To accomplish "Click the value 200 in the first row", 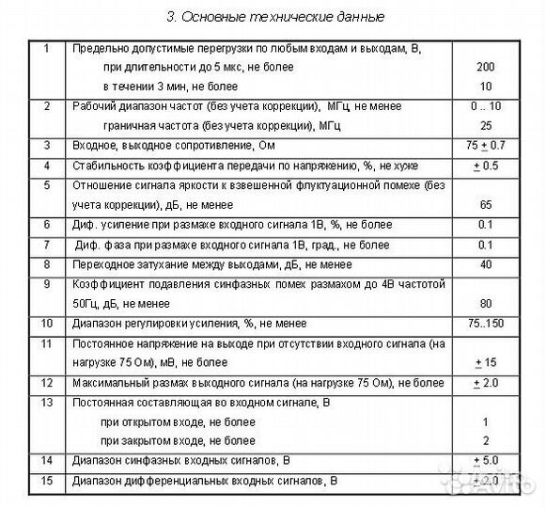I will [x=486, y=69].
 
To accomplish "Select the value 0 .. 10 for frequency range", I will [x=486, y=106].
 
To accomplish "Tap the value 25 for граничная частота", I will [x=486, y=125].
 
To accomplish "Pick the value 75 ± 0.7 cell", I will [x=486, y=146].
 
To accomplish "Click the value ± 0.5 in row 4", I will [x=486, y=167].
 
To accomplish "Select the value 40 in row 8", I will [x=486, y=264].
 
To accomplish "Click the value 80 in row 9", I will [x=486, y=304].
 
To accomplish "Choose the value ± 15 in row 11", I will [x=486, y=363].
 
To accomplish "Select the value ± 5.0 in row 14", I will [x=486, y=461].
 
